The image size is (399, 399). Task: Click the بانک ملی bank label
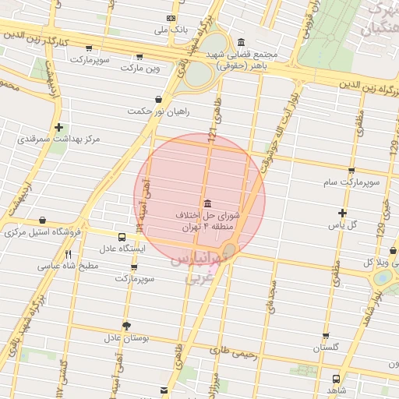[172, 30]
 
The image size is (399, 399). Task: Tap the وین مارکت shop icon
[139, 56]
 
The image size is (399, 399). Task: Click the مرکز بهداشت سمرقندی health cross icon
[59, 127]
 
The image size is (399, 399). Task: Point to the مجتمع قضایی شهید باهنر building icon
[241, 42]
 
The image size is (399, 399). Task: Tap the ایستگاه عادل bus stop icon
[122, 237]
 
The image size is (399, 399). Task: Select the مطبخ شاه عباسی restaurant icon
[69, 254]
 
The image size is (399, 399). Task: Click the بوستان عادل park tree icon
[126, 326]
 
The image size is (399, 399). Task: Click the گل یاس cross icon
[342, 213]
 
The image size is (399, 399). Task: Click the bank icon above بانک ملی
[171, 18]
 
